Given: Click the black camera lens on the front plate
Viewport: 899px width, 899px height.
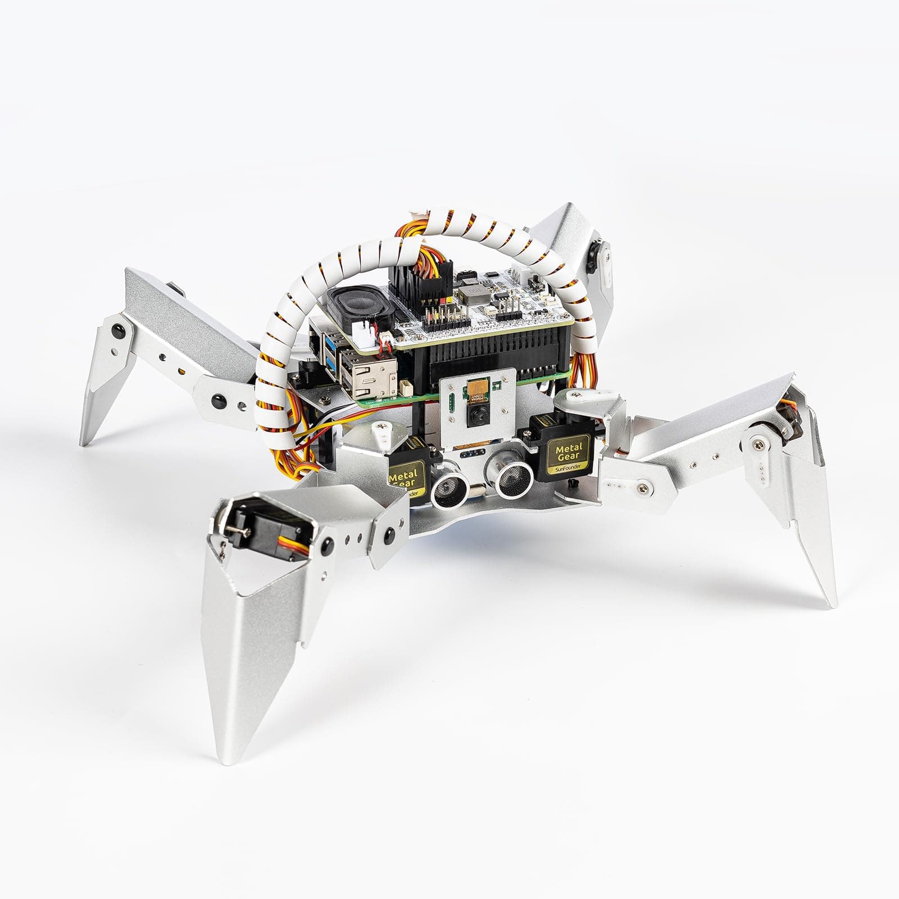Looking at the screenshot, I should point(475,414).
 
